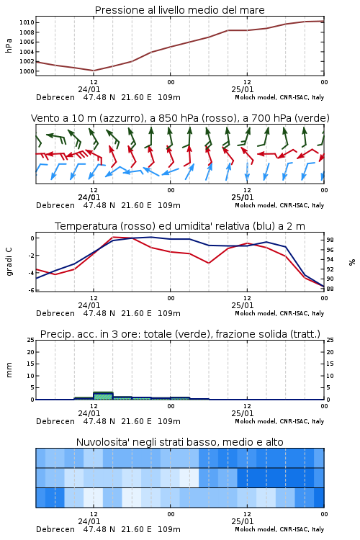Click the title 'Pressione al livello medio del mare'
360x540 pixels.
[179, 10]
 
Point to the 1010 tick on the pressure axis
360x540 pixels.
[27, 23]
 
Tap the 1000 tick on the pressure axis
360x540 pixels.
[27, 71]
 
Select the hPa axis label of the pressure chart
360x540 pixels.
[9, 46]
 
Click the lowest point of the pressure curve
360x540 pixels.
[94, 71]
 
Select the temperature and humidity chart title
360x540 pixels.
[179, 226]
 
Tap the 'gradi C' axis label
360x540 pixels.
[9, 262]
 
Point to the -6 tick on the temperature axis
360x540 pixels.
[31, 290]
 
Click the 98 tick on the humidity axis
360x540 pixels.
[330, 240]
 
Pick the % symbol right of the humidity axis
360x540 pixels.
[352, 262]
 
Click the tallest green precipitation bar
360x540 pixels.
[103, 396]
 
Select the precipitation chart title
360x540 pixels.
[180, 334]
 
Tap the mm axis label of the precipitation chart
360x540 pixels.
[9, 370]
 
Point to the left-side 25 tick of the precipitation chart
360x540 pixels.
[31, 340]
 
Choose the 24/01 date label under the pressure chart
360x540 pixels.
[89, 89]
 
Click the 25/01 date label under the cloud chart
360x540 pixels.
[242, 521]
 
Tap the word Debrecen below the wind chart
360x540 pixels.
[55, 205]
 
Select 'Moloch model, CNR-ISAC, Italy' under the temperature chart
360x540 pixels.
[279, 313]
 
